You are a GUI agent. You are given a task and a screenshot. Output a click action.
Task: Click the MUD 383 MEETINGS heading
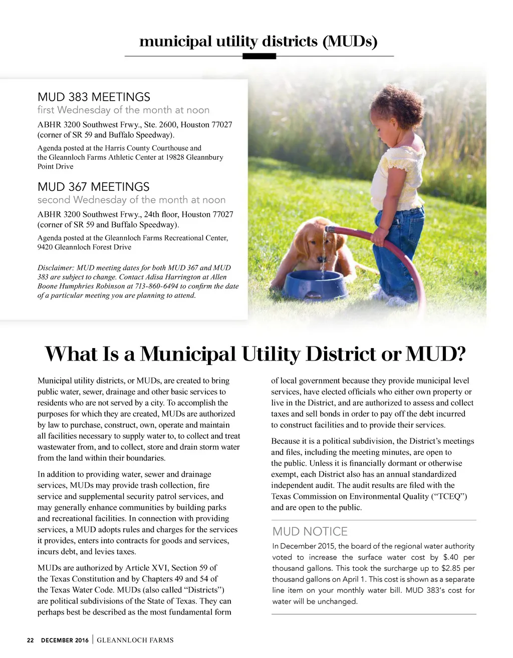coord(94,97)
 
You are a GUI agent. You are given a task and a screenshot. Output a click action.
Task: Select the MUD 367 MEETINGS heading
coord(93,187)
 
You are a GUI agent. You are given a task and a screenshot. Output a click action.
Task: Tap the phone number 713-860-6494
coord(156,286)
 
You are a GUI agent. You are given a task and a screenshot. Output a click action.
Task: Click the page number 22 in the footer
coord(31,640)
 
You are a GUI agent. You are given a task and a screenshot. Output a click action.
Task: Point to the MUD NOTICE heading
coord(310,532)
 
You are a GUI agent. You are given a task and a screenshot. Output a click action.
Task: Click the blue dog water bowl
coord(315,284)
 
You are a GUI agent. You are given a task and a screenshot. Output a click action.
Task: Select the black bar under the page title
coord(259,57)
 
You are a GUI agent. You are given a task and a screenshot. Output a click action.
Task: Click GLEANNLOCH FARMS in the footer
coord(135,640)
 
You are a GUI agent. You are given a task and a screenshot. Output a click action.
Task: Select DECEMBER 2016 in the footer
coord(65,640)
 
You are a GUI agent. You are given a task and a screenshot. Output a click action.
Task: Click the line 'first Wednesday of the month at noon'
coord(123,110)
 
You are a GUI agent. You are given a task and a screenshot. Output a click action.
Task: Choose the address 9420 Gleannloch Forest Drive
coord(84,247)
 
